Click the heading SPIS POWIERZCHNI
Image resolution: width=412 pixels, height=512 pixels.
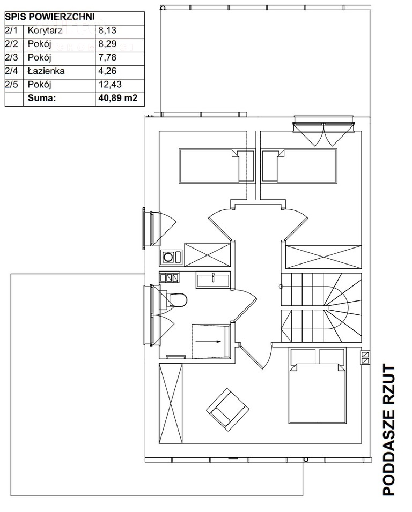[x=50, y=17]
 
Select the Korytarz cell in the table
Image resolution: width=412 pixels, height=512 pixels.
[x=45, y=31]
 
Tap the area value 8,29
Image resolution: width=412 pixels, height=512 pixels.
[x=107, y=44]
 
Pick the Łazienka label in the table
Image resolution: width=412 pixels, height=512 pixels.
[x=46, y=71]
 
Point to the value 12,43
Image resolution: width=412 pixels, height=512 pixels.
[x=110, y=85]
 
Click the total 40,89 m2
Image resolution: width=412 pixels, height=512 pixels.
[x=117, y=98]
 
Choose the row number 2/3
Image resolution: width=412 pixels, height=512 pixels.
[x=11, y=57]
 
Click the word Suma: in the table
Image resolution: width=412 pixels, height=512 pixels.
[x=42, y=98]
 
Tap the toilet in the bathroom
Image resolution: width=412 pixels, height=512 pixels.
[x=176, y=300]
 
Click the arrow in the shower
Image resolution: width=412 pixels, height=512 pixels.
[x=208, y=342]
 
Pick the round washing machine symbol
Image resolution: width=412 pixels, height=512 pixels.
[x=168, y=257]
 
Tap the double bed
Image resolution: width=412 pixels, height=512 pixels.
[x=318, y=386]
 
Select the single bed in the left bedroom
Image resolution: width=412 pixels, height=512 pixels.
[x=217, y=166]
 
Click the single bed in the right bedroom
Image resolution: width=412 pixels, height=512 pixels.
[x=299, y=166]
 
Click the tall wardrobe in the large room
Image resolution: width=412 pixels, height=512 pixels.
[x=171, y=403]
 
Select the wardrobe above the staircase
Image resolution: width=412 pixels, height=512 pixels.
[x=323, y=257]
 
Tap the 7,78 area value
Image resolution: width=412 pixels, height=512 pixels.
[x=107, y=57]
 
